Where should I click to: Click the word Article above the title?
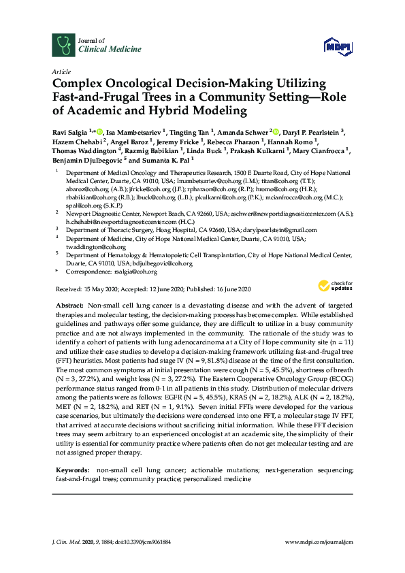coord(61,71)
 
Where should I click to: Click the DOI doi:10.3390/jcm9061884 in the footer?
coord(148,542)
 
